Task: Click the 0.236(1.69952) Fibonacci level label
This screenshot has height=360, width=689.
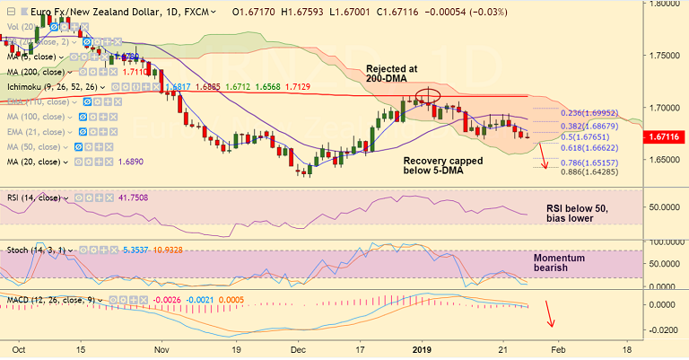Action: pos(589,114)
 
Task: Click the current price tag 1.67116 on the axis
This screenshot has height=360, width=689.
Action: pos(665,136)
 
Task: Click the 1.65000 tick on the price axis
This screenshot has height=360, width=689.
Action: pos(663,159)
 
